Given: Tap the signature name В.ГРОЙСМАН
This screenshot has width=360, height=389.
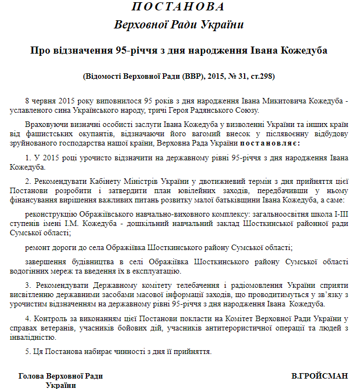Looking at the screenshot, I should coord(320,376).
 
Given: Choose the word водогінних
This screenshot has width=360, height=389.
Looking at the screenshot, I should coord(29,271).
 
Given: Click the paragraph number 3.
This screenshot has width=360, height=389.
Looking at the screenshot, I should coord(27,286).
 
